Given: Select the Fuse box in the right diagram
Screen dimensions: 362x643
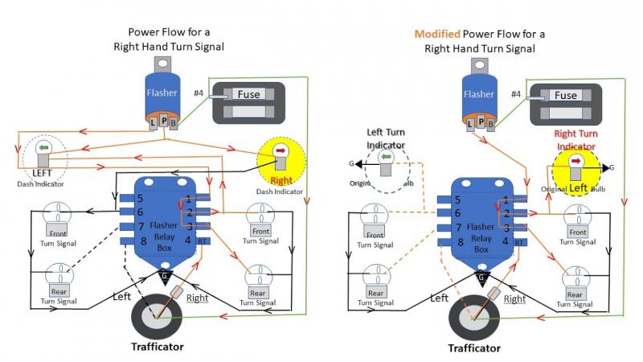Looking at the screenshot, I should coord(565,102).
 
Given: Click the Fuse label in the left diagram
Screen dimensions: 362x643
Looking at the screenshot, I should coord(248,94).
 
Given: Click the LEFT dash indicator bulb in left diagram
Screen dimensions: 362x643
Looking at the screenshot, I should coord(46,152).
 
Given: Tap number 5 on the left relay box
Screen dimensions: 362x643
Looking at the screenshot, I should coord(140,199).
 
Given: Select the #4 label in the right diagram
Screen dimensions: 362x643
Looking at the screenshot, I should coord(517,94).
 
